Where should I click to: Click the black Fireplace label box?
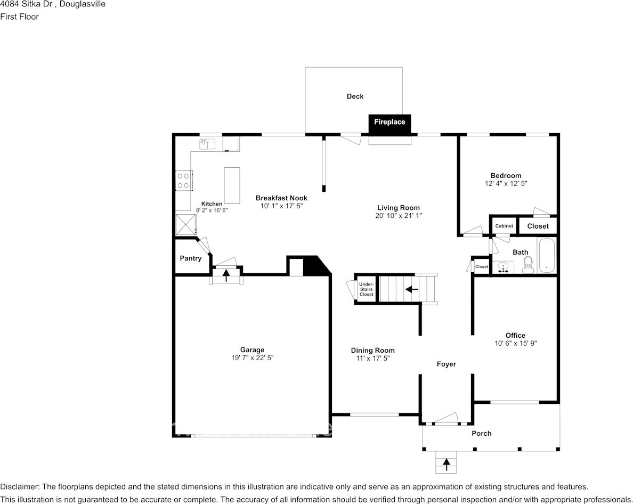point(389,122)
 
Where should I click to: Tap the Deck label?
point(355,96)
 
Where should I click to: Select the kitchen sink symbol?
point(207,143)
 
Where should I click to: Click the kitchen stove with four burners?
point(184,180)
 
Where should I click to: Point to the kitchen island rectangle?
point(232,185)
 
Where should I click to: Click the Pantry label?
point(190,258)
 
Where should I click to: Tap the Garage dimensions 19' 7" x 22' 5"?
point(249,358)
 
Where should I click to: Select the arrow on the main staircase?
point(411,289)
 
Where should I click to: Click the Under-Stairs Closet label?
point(366,289)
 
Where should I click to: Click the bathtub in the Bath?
point(547,257)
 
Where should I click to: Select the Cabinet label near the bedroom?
point(504,226)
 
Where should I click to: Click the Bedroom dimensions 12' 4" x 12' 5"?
point(506,183)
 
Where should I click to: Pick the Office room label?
point(515,336)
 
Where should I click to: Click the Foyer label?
point(446,364)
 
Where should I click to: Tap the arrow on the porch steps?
point(446,464)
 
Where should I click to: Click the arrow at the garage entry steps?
point(226,275)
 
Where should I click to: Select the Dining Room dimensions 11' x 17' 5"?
point(372,359)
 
